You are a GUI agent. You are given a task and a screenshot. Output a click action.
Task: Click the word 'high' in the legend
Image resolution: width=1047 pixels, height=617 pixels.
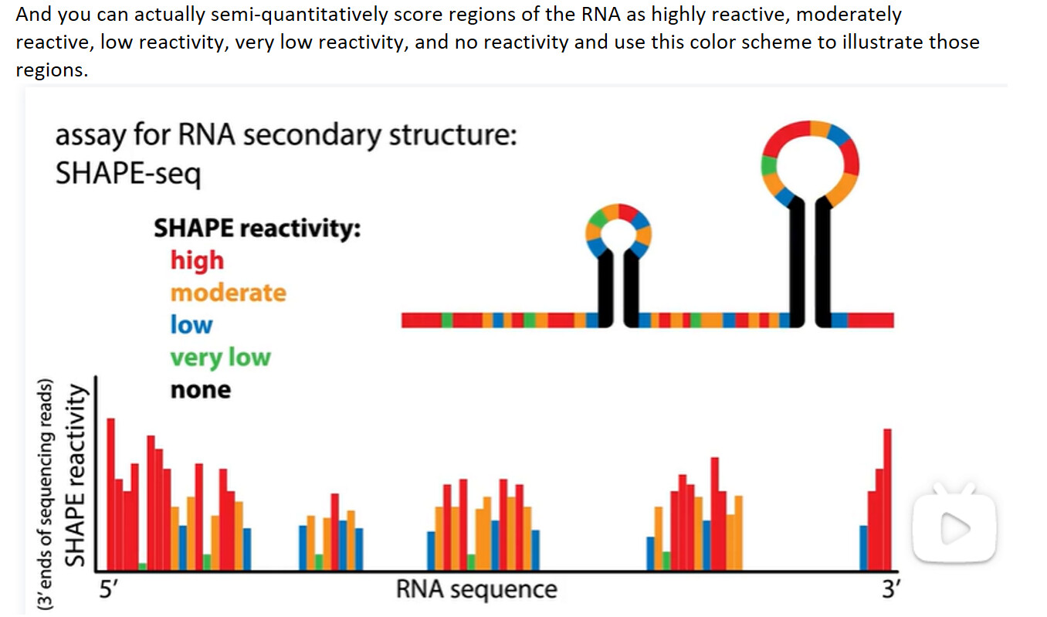(x=197, y=260)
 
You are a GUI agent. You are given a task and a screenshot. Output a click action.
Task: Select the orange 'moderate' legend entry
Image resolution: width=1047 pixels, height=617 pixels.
(x=228, y=293)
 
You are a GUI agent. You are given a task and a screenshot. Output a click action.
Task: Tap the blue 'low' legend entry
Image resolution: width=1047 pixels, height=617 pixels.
(x=191, y=325)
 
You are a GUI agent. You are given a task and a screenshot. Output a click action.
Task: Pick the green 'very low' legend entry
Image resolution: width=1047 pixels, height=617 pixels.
(x=220, y=358)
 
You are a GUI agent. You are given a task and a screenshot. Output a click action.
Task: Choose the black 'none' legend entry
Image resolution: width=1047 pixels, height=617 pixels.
(x=200, y=390)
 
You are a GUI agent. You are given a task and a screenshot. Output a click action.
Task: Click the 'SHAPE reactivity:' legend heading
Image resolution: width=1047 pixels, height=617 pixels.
(x=257, y=229)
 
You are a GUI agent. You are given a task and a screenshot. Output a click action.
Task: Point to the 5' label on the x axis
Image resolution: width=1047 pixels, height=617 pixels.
(x=110, y=589)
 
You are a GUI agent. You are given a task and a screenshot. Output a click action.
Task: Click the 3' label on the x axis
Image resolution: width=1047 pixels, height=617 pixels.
(x=890, y=589)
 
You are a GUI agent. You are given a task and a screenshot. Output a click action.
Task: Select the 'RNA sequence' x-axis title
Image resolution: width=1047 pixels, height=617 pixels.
(x=476, y=589)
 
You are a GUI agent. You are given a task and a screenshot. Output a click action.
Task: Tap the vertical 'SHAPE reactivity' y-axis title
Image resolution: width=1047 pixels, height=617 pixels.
(x=74, y=476)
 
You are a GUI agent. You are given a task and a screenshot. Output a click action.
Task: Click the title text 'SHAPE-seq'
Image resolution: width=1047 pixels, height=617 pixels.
(x=127, y=174)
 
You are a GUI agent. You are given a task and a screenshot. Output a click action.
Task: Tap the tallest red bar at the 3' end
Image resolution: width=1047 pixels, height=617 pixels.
(x=887, y=498)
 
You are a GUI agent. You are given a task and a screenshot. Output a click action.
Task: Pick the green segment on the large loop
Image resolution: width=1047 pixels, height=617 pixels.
(x=767, y=164)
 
